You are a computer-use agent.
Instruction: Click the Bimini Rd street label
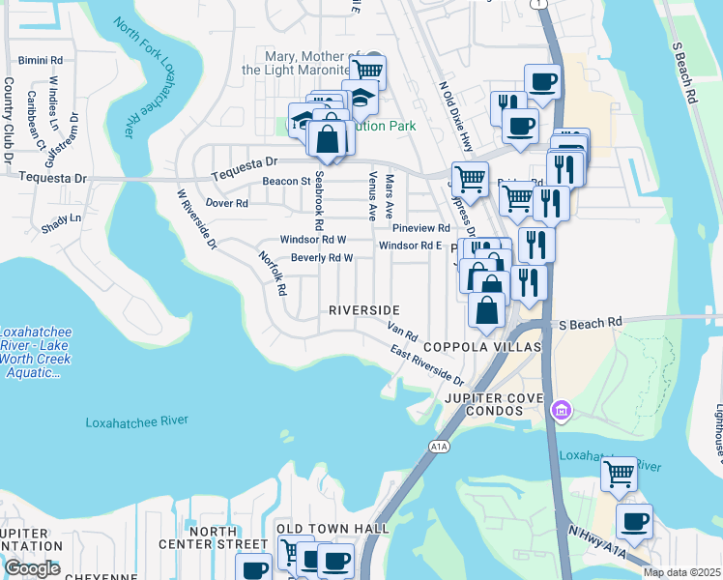[40, 60]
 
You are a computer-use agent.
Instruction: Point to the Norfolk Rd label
[273, 274]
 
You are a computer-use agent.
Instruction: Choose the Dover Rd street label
[227, 203]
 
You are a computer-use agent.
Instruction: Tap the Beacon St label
[286, 181]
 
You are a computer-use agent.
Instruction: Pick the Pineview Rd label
[421, 228]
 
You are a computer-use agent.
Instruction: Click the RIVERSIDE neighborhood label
[364, 310]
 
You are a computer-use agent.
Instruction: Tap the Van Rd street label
[402, 333]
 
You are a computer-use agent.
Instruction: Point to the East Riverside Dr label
[427, 364]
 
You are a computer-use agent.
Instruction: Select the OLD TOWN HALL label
[333, 529]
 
